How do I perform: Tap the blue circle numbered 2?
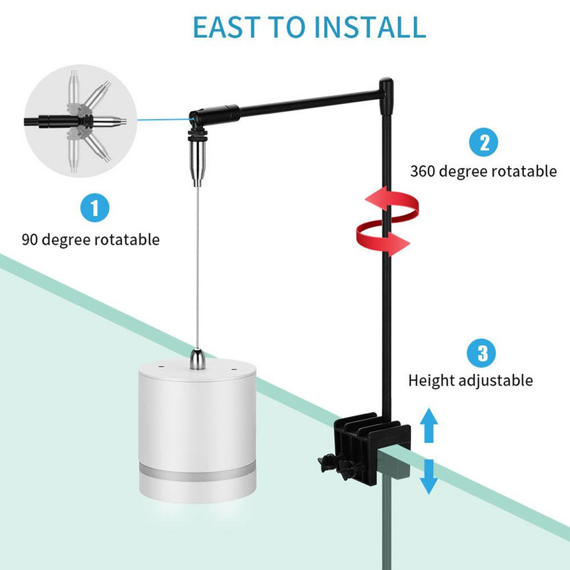pos(483,142)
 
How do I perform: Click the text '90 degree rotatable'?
pos(90,239)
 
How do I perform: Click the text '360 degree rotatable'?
pos(482,171)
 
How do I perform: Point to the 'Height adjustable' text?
pos(470,380)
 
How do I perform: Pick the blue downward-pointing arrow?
pos(429,476)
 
